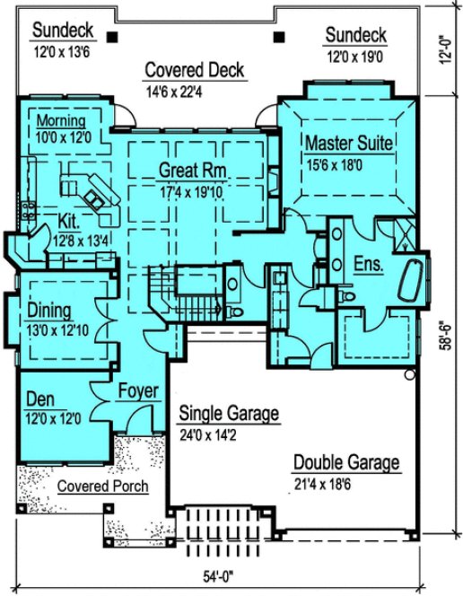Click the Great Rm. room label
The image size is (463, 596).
[x=192, y=170]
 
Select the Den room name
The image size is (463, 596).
[x=39, y=399]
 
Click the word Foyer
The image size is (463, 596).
[x=137, y=391]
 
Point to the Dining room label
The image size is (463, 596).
[x=48, y=311]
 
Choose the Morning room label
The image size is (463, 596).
[x=62, y=121]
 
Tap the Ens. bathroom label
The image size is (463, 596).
[x=369, y=265]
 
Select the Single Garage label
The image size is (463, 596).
[x=229, y=414]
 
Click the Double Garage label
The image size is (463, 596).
[x=346, y=463]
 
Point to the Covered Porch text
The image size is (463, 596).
[x=102, y=486]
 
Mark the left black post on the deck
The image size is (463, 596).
[x=113, y=37]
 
